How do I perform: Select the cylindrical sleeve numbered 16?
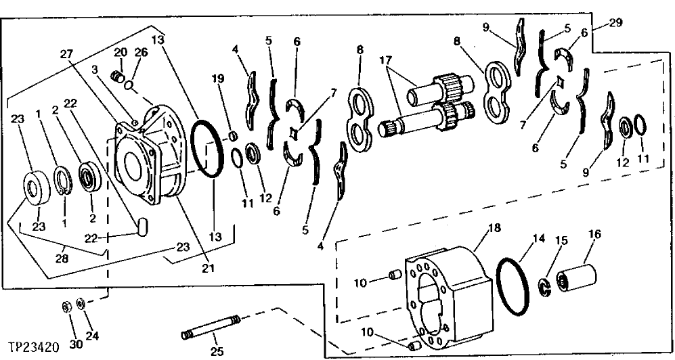[576, 277]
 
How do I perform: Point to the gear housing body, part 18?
[447, 291]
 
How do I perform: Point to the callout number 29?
[615, 22]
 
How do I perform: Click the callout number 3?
[95, 70]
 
